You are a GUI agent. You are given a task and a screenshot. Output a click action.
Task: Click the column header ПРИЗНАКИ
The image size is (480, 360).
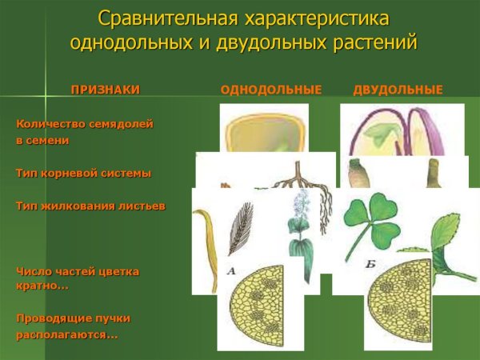[105, 90]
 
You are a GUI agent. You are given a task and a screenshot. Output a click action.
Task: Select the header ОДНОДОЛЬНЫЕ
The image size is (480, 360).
[270, 90]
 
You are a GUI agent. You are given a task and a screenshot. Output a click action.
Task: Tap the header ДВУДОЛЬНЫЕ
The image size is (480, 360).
[398, 90]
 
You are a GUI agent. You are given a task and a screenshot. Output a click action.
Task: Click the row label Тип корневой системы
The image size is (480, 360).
[83, 173]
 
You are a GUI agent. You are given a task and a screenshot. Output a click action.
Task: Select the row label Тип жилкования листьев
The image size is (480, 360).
[90, 206]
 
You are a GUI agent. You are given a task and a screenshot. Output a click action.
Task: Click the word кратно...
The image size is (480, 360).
[42, 286]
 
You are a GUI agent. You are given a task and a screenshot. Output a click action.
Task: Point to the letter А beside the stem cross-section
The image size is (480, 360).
[231, 272]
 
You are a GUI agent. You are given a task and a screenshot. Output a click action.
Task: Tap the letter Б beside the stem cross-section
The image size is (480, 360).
[370, 265]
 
